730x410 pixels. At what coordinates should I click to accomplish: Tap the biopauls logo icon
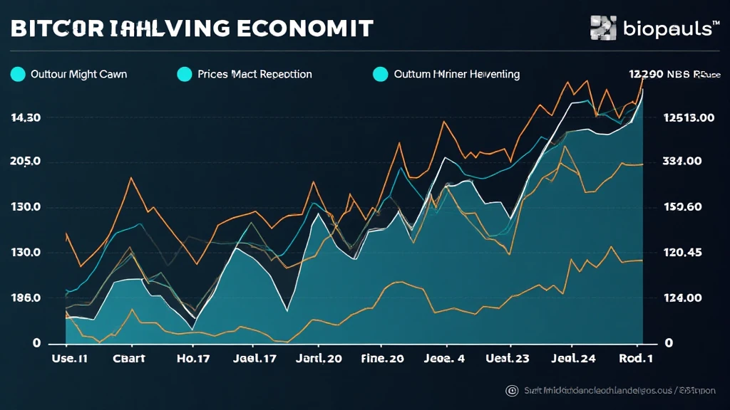[x=604, y=27]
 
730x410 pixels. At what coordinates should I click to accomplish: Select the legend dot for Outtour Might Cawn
[x=18, y=74]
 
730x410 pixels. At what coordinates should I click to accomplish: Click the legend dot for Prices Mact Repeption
[x=184, y=74]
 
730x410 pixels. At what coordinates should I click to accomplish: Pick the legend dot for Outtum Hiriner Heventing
[x=381, y=74]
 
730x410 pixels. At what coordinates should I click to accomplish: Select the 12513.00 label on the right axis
[x=689, y=118]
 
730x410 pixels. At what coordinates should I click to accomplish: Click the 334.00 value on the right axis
[x=682, y=162]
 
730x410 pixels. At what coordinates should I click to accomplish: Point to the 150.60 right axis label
[x=682, y=207]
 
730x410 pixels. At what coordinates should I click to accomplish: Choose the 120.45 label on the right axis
[x=682, y=252]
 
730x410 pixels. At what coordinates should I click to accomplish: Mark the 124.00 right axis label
[x=682, y=298]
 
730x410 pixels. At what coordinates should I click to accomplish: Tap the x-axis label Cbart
[x=129, y=359]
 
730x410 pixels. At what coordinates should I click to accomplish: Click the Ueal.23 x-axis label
[x=507, y=359]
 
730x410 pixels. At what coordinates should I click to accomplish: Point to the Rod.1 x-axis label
[x=637, y=359]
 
